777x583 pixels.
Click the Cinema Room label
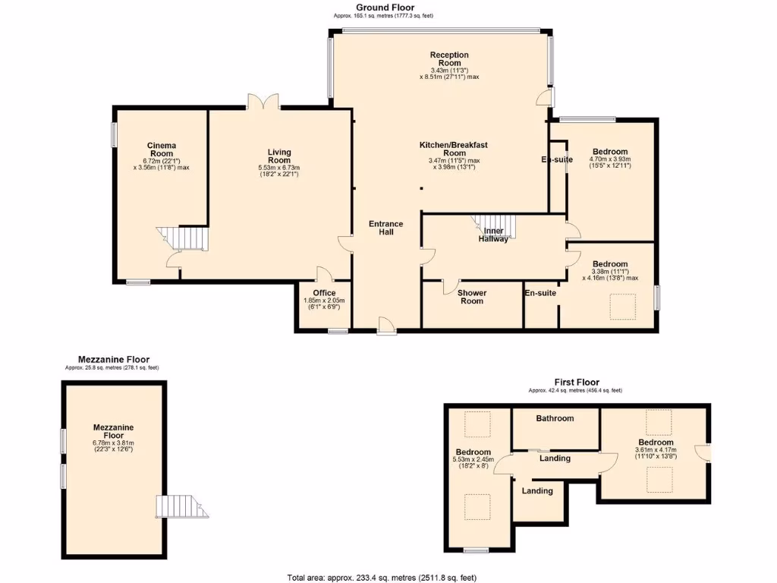162,149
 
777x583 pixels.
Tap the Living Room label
279,156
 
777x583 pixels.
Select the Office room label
324,293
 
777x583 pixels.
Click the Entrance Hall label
386,228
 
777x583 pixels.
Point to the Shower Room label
472,296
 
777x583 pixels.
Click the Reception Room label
449,58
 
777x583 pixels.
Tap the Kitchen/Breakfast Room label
455,148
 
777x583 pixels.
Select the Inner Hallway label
493,235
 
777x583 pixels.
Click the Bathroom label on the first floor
555,418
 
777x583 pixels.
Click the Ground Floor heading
385,7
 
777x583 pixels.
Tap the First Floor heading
576,383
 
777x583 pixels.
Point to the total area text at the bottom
382,577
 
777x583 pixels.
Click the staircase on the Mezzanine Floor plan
177,506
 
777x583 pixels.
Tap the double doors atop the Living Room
263,102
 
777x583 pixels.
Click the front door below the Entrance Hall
386,325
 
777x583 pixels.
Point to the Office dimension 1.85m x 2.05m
324,304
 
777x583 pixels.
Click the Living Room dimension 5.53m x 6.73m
279,172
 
